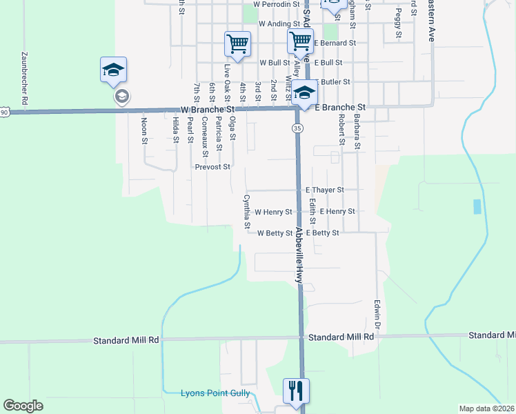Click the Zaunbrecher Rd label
point(24,79)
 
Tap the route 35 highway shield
point(297,128)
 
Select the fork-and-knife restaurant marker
point(297,391)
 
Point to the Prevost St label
point(212,166)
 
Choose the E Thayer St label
point(324,189)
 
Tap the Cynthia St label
point(246,212)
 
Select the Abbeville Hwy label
point(299,255)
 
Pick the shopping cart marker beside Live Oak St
point(237,44)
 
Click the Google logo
point(23,406)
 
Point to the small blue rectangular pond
point(477,206)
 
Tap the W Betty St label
point(275,233)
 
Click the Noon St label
point(144,130)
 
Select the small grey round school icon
point(121,96)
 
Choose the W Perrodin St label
point(277,4)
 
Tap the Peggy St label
point(398,23)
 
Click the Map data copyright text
point(487,408)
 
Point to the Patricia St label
point(219,134)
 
